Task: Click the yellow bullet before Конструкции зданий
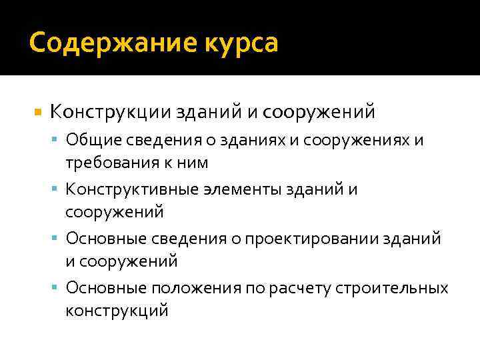pyautogui.click(x=37, y=111)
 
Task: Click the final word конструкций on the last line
pyautogui.click(x=117, y=310)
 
